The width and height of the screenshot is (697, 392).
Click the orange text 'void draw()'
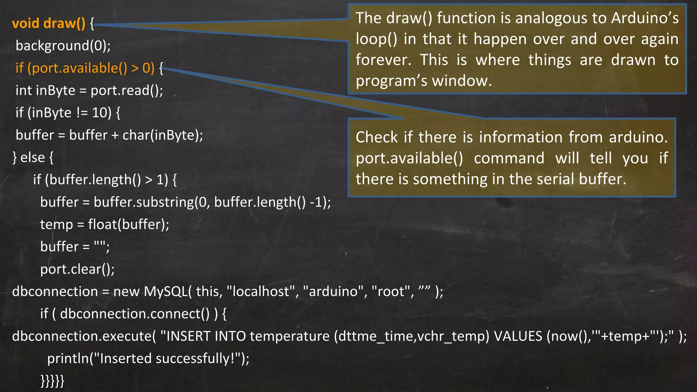pyautogui.click(x=48, y=23)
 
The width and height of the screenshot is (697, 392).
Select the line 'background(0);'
pyautogui.click(x=63, y=46)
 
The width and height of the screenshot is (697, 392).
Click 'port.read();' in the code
pyautogui.click(x=127, y=91)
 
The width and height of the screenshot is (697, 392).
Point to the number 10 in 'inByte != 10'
pyautogui.click(x=100, y=113)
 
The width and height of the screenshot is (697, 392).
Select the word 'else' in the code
pyautogui.click(x=32, y=158)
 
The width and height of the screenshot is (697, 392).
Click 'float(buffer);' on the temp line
pyautogui.click(x=128, y=225)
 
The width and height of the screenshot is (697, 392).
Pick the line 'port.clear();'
pyautogui.click(x=77, y=269)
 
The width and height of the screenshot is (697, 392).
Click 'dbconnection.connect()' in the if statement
pyautogui.click(x=135, y=314)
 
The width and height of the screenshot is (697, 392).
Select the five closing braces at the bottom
pyautogui.click(x=52, y=381)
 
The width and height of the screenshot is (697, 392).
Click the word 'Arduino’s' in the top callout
pyautogui.click(x=645, y=18)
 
